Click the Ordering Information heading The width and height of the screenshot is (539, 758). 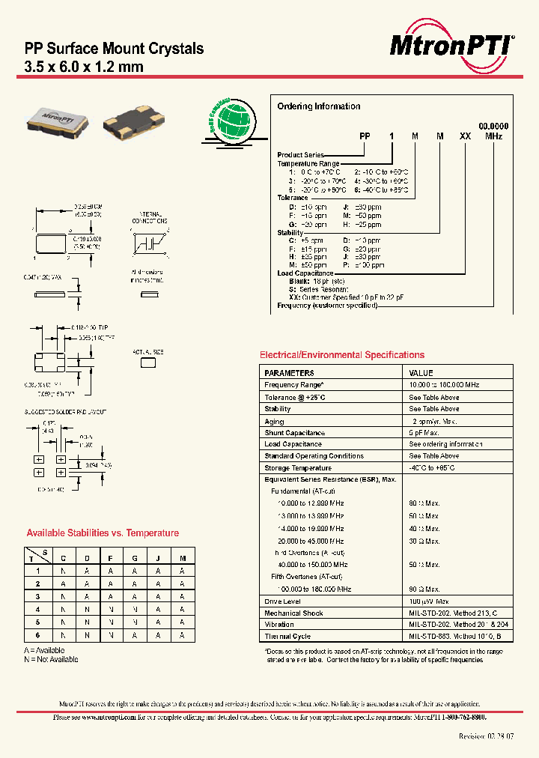click(318, 106)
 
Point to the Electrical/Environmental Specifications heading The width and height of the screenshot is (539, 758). click(341, 355)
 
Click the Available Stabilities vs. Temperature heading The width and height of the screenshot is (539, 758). click(103, 533)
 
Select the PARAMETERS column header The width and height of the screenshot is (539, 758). click(289, 372)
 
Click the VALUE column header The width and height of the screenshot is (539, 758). click(421, 372)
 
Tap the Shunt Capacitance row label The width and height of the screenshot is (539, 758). click(294, 433)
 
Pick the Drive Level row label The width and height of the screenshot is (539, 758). click(282, 601)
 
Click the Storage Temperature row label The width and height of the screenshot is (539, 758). click(297, 468)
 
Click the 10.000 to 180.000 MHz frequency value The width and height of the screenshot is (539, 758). click(444, 384)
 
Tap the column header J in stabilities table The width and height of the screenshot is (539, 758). click(159, 558)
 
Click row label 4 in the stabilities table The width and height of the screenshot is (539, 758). click(37, 609)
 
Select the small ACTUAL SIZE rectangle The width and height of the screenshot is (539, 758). click(148, 363)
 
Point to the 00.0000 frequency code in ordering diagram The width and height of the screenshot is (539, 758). click(493, 127)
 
